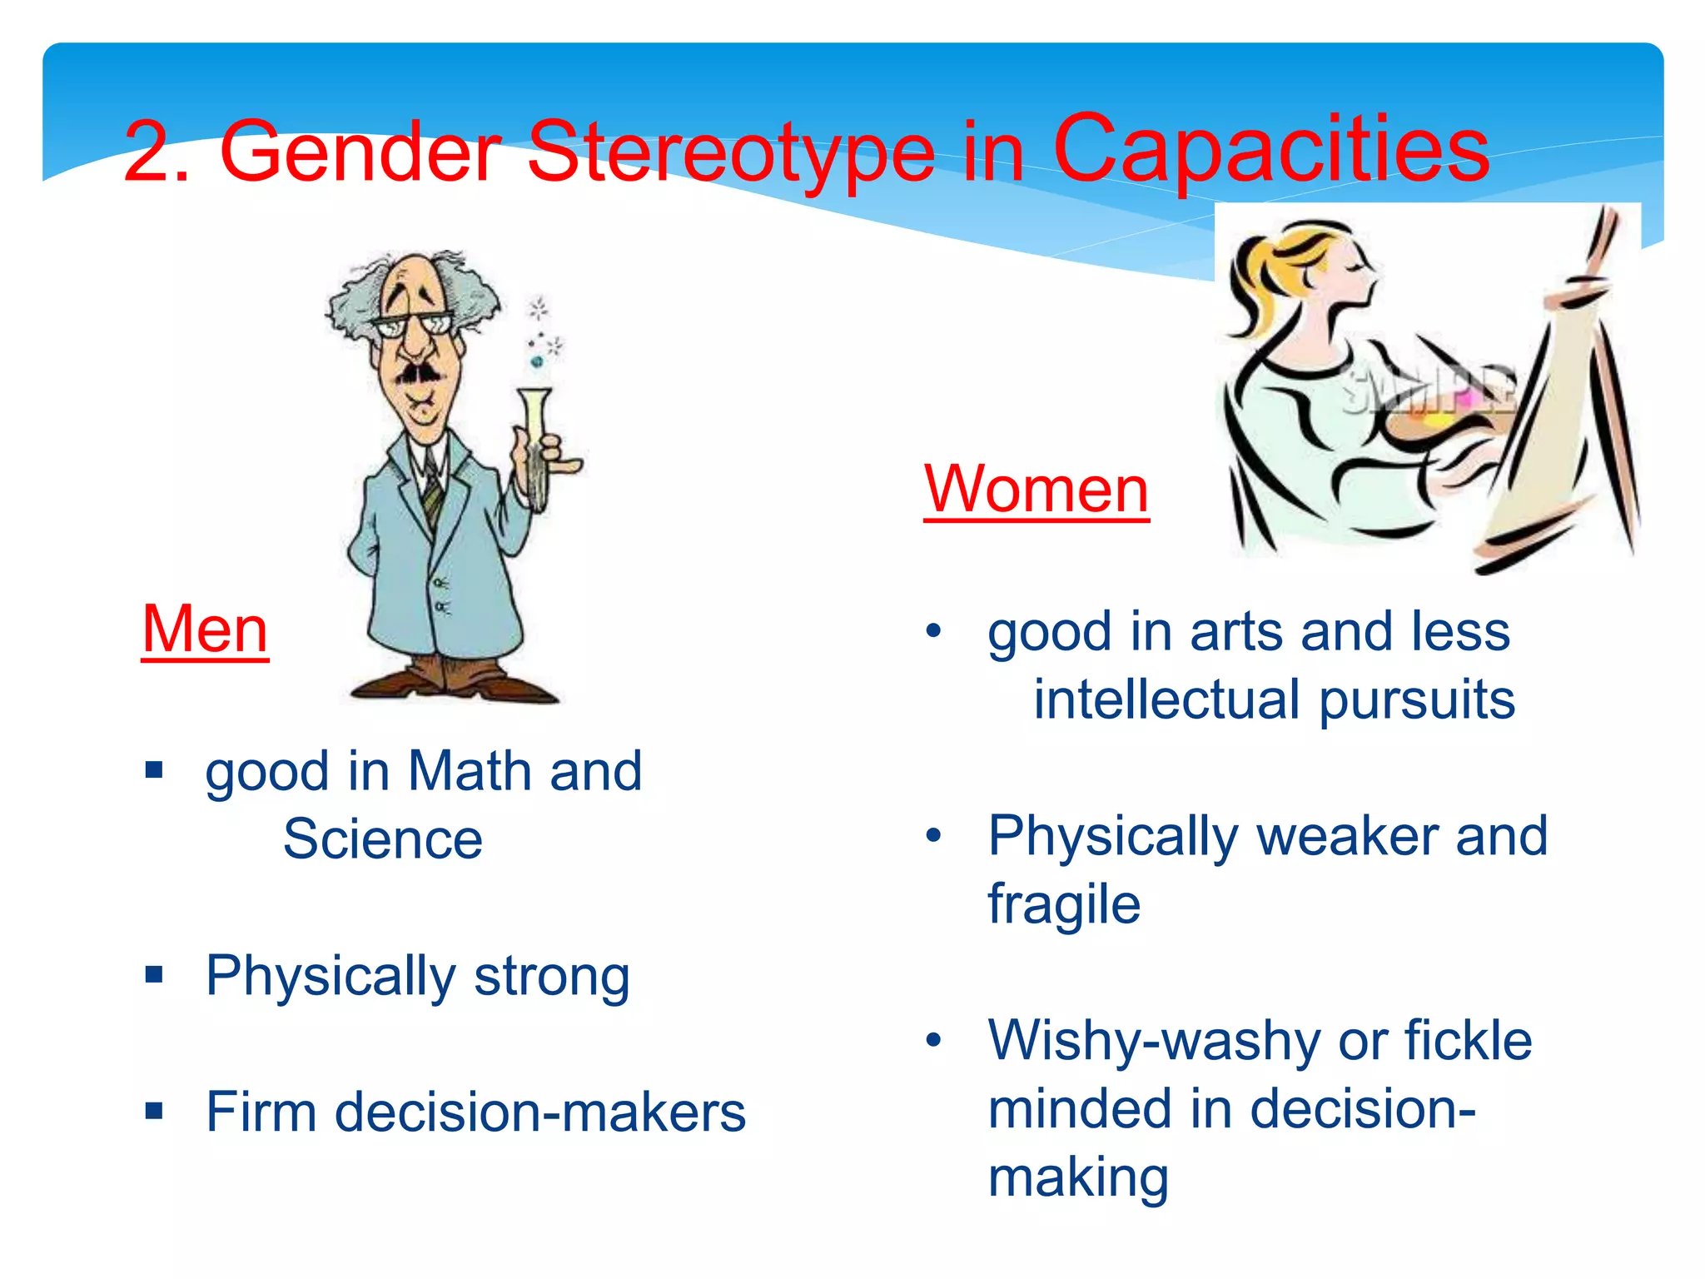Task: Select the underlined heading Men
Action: click(x=205, y=630)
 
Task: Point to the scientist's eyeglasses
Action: click(x=414, y=325)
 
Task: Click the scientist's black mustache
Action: click(x=419, y=374)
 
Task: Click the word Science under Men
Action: click(x=383, y=839)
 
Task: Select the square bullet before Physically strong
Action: click(x=154, y=973)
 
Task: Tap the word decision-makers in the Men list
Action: click(x=540, y=1112)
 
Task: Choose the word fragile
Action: click(x=1064, y=904)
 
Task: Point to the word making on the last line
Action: click(x=1078, y=1177)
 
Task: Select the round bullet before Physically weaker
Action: click(x=934, y=835)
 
